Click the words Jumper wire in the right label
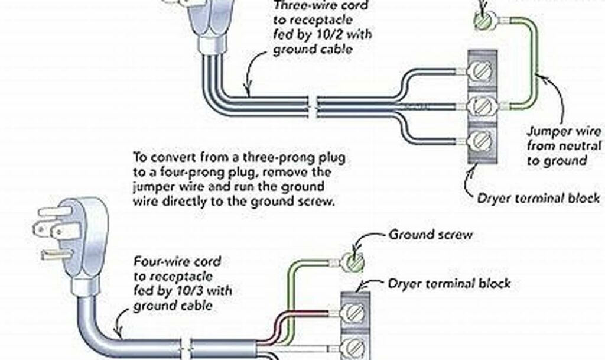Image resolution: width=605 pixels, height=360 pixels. coord(564,131)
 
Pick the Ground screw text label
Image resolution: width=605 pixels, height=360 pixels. coord(430,234)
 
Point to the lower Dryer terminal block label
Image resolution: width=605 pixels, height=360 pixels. coord(448,283)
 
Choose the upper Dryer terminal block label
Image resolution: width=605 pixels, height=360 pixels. coord(539,197)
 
